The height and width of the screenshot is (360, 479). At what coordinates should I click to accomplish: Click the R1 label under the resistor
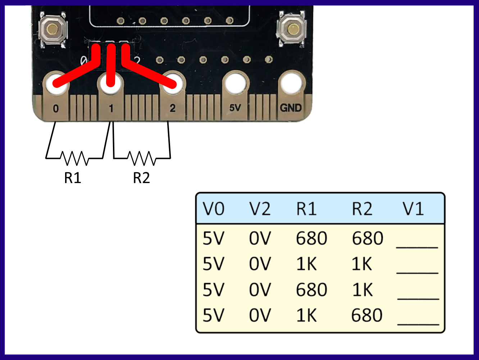click(x=73, y=178)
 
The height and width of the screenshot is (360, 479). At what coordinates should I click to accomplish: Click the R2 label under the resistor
click(x=141, y=178)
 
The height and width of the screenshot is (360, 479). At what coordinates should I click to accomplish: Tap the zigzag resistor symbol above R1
click(x=74, y=158)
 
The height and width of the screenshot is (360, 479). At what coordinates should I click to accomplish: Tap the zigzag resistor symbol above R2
click(x=142, y=158)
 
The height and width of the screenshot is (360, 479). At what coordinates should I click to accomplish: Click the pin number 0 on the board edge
click(x=56, y=108)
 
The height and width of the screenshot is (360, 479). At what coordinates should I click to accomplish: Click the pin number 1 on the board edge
click(x=111, y=108)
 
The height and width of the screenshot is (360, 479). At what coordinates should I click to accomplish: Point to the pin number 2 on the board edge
click(x=173, y=108)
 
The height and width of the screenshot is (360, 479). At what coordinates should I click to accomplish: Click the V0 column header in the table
click(x=214, y=209)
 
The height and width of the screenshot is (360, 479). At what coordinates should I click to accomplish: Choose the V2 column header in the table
click(x=260, y=209)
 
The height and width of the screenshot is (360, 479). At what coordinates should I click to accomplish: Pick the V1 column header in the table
click(x=413, y=209)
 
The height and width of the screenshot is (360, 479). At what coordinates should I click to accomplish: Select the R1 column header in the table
click(x=306, y=209)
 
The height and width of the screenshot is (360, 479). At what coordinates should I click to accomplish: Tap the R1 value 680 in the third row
click(x=311, y=290)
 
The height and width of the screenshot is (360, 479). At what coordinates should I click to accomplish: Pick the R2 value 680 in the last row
click(x=367, y=315)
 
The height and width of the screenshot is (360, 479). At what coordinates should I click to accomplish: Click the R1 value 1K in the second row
click(x=306, y=264)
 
